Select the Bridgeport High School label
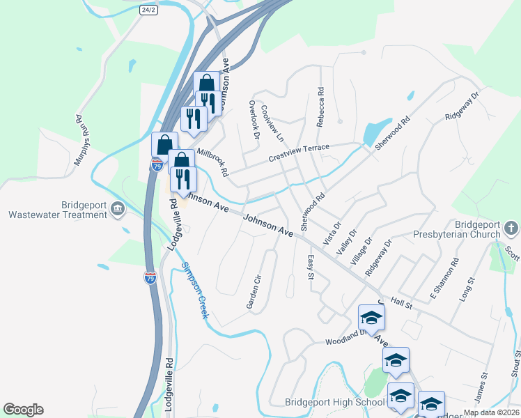[x=334, y=402]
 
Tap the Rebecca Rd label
[x=320, y=106]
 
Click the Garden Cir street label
[x=254, y=291]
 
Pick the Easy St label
[x=311, y=268]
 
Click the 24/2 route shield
[x=148, y=10]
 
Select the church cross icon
[x=511, y=228]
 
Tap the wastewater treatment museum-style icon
[x=118, y=208]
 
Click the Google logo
[x=23, y=410]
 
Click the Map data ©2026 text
[x=490, y=412]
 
